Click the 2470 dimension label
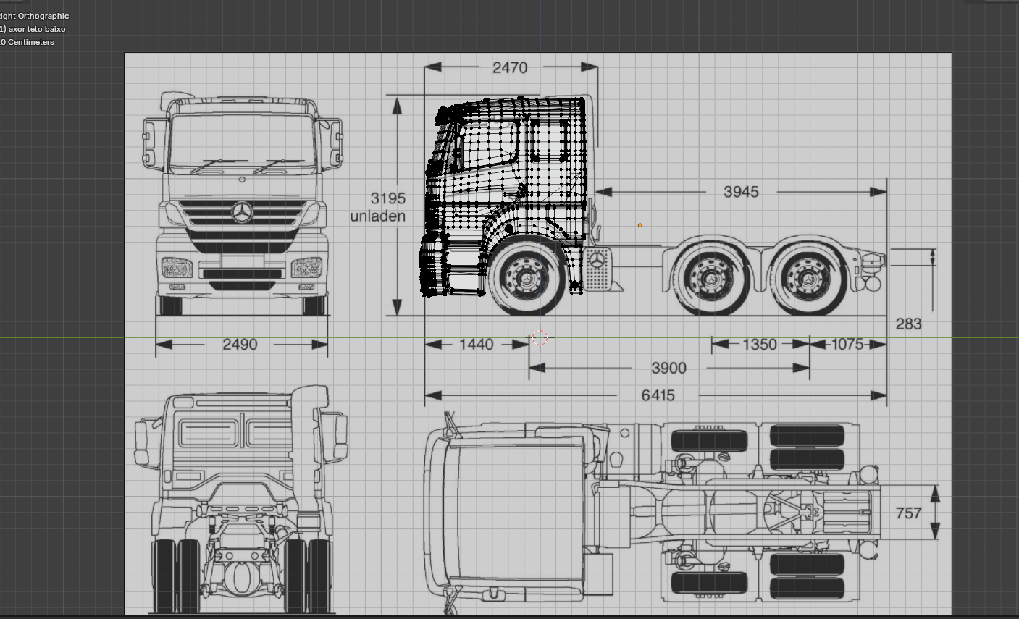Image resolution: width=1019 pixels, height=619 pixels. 510,68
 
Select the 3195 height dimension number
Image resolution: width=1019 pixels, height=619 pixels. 387,198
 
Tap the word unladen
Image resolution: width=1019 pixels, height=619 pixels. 377,216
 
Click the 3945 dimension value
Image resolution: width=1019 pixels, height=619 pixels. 741,192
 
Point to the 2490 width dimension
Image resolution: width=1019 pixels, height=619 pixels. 240,345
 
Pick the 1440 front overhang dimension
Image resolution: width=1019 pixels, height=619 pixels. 476,345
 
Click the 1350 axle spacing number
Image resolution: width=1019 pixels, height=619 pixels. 759,345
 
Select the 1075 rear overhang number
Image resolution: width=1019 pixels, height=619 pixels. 847,345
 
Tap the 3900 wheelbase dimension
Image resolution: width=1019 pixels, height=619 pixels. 668,368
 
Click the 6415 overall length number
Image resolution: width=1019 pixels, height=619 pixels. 658,396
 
